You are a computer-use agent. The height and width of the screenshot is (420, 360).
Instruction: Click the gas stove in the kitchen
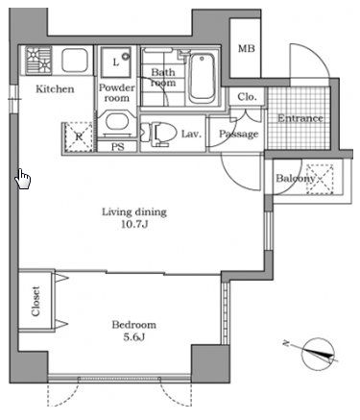point(38,61)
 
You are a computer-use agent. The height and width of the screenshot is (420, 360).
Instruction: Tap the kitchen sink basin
point(75,61)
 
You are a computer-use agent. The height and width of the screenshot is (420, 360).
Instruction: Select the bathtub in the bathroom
point(202,78)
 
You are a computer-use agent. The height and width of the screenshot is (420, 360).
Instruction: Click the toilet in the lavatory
point(159,134)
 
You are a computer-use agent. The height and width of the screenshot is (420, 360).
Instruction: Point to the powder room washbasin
point(117,122)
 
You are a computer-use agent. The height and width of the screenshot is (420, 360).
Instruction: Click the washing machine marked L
point(116,62)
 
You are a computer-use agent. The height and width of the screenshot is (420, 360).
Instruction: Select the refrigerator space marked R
point(79,137)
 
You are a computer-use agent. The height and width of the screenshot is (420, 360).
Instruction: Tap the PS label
point(118,147)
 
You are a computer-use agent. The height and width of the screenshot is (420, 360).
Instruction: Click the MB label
point(247,48)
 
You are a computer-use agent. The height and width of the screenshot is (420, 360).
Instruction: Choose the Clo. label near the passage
point(247,97)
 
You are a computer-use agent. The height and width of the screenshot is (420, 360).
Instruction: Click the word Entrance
point(300,118)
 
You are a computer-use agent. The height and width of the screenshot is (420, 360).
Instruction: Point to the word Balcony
point(296,179)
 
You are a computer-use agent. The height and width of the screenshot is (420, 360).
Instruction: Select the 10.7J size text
point(134,225)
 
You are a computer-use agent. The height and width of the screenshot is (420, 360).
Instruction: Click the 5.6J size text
point(134,337)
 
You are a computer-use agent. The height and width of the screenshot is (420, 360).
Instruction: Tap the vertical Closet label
point(36,301)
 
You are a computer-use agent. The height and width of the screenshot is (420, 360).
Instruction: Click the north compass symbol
point(318,355)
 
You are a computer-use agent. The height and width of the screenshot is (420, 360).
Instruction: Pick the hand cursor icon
point(23,179)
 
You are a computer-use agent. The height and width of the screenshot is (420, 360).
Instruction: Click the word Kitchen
point(55,88)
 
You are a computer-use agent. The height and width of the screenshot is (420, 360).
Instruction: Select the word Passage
point(238,134)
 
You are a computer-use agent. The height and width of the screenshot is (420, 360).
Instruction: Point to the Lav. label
point(191,134)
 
